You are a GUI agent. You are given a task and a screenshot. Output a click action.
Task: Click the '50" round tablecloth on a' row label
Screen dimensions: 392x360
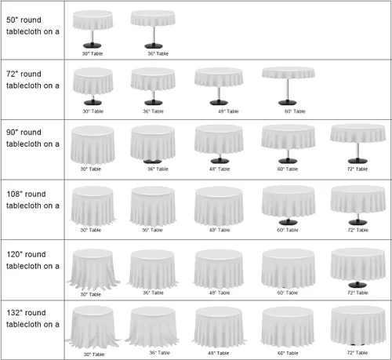(x=33, y=26)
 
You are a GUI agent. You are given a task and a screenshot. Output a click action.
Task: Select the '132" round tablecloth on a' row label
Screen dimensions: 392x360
(x=33, y=318)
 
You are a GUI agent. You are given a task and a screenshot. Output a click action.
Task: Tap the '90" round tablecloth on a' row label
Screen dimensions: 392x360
(x=33, y=138)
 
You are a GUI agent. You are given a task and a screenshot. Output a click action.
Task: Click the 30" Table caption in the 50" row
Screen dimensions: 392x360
(x=93, y=53)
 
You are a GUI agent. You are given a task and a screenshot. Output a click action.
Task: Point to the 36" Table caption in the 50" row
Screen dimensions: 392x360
(x=158, y=53)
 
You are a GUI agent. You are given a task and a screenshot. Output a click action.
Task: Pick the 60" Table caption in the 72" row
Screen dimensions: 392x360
(x=295, y=111)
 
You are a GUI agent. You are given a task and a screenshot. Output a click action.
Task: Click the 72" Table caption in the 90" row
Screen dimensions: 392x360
(x=358, y=169)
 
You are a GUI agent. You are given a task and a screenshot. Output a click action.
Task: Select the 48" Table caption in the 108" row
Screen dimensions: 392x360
(x=220, y=230)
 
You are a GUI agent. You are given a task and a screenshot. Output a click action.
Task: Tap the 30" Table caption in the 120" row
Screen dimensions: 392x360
(x=91, y=294)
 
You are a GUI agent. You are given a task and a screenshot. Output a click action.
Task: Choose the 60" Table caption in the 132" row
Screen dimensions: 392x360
(x=288, y=353)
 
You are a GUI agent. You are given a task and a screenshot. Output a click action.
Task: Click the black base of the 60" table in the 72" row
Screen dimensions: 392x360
(x=288, y=103)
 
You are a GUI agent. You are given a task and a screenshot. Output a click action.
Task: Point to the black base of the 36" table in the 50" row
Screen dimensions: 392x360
(x=154, y=45)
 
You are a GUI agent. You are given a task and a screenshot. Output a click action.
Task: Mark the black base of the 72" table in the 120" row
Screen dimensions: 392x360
(x=358, y=285)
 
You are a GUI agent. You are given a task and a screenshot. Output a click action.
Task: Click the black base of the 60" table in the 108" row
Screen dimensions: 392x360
(x=288, y=222)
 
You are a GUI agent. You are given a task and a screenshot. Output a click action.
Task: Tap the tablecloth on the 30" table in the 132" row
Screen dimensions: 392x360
(x=93, y=327)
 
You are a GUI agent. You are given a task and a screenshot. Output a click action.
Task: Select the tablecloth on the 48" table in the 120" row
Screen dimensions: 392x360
(x=219, y=269)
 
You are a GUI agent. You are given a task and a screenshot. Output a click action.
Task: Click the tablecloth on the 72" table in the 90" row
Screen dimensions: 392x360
(x=358, y=133)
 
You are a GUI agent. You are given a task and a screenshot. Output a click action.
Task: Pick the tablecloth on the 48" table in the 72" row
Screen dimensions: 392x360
(x=219, y=77)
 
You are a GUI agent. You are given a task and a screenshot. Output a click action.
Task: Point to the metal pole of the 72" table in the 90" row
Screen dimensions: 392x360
(x=358, y=151)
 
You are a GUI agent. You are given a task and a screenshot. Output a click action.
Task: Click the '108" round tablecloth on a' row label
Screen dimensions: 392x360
(x=33, y=200)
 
